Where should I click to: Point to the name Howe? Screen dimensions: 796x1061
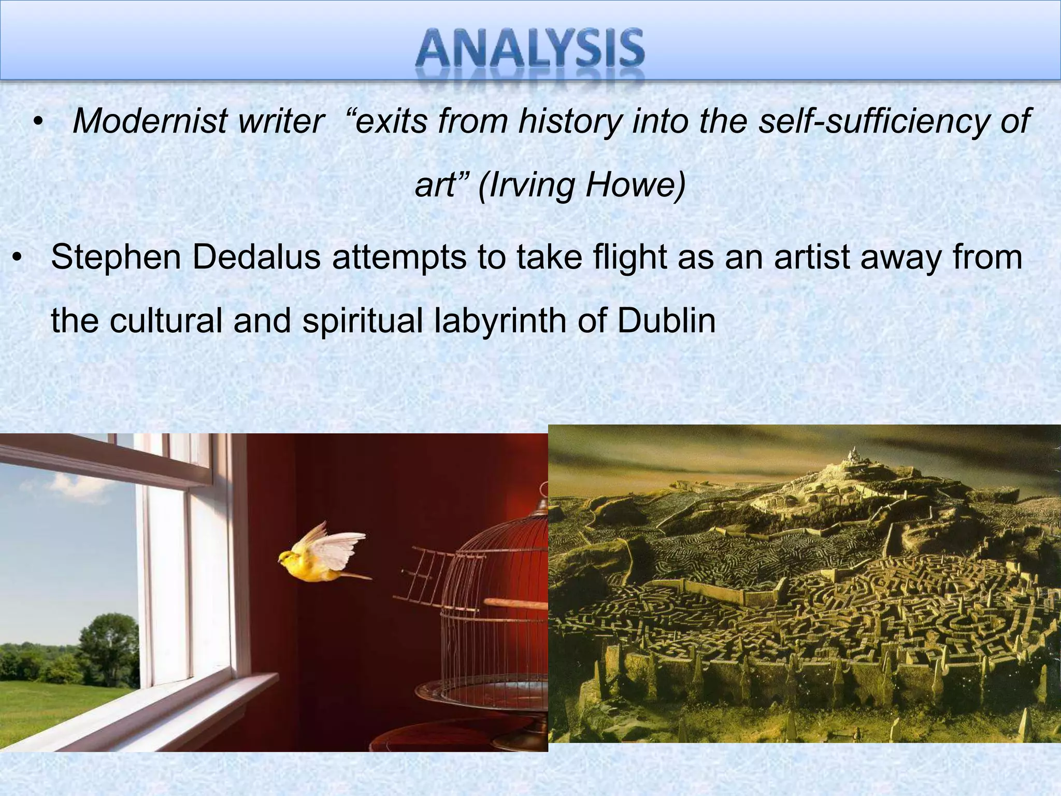635,186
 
